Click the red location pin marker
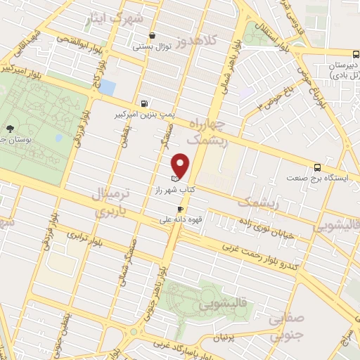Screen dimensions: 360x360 pyautogui.click(x=181, y=165)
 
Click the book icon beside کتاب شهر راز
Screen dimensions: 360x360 pyautogui.click(x=175, y=179)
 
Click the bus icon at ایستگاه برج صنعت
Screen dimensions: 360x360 pyautogui.click(x=318, y=167)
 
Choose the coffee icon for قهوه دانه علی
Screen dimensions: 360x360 pyautogui.click(x=181, y=209)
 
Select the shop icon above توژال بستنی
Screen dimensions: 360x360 pyautogui.click(x=153, y=35)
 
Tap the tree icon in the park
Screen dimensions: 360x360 pyautogui.click(x=10, y=129)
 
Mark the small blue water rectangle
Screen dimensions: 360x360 pyautogui.click(x=107, y=87)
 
